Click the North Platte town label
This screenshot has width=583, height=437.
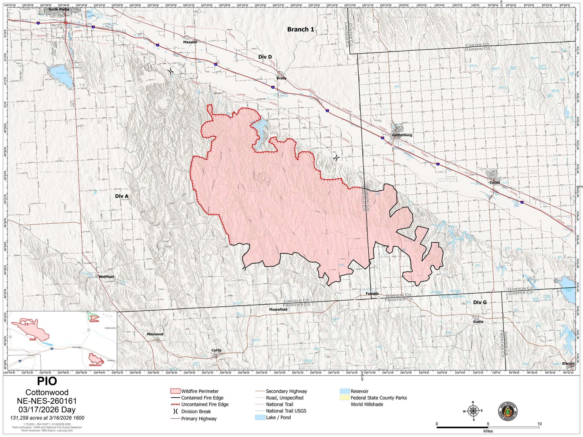point(59,9)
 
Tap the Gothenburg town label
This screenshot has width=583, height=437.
point(402,135)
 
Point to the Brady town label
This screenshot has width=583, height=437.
point(281,78)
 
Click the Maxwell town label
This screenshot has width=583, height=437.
point(190,42)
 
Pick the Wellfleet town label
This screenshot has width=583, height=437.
point(106,277)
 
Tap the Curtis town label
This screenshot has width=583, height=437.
point(216,350)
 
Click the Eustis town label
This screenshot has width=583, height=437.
point(478,322)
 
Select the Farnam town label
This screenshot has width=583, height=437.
point(372,294)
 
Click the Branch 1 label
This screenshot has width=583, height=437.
point(301,29)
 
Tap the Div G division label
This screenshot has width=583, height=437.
point(480,302)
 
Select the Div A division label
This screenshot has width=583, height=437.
point(122,196)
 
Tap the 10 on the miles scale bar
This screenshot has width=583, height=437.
point(539,431)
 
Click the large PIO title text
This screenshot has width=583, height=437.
point(47,381)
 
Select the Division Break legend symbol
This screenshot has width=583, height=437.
point(175,411)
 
